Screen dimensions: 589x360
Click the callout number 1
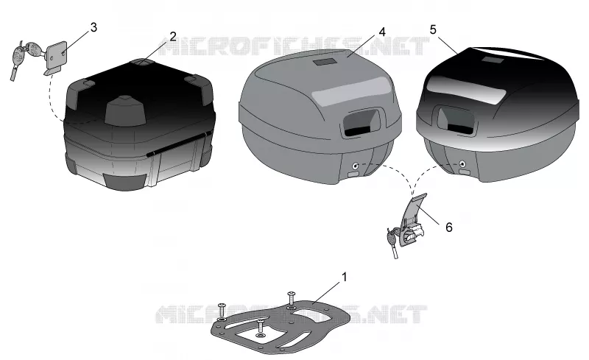pos(344,278)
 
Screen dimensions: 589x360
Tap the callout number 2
pos(173,37)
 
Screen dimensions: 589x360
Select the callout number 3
pos(94,27)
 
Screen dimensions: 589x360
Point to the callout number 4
pos(382,32)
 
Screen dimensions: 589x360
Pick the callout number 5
pos(433,29)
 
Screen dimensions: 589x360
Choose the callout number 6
pos(449,227)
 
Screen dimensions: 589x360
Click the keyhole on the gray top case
pos(355,165)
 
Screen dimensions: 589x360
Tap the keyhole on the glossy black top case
pos(463,164)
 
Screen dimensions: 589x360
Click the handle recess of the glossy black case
pos(456,119)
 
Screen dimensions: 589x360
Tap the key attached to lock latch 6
pos(392,243)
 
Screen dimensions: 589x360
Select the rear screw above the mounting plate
pos(291,298)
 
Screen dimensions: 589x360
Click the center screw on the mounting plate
pos(261,328)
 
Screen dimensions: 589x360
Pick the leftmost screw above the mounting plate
pos(221,311)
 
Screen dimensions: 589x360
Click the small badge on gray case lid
pos(325,63)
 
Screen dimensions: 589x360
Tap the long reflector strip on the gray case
pos(351,92)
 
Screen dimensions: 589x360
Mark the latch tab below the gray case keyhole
pos(353,174)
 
